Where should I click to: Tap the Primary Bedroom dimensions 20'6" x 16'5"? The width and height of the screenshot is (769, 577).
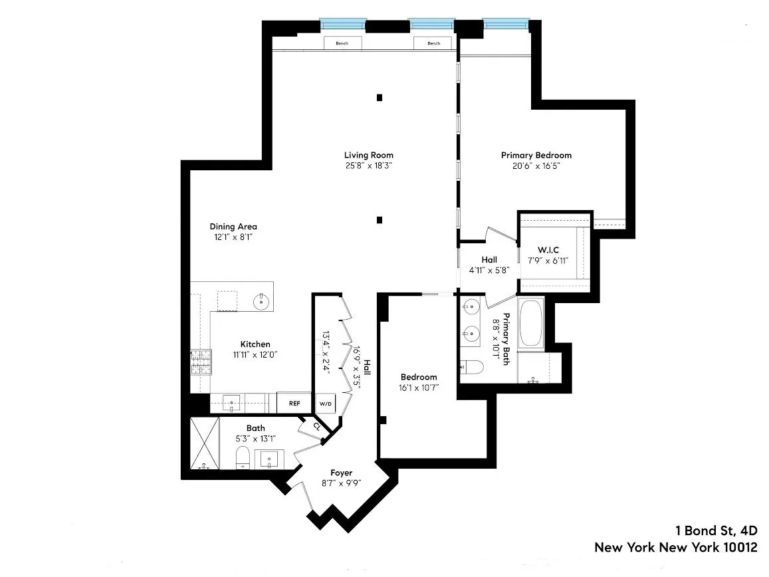pyautogui.click(x=536, y=166)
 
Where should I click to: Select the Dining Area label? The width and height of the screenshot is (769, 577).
pyautogui.click(x=233, y=226)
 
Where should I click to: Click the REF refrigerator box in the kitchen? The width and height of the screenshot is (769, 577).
pyautogui.click(x=294, y=403)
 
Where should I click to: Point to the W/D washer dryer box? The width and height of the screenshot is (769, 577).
pyautogui.click(x=325, y=404)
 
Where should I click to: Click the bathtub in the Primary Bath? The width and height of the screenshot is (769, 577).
pyautogui.click(x=530, y=324)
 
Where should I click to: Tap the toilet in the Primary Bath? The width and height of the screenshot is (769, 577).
pyautogui.click(x=469, y=366)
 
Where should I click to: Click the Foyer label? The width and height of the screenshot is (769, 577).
pyautogui.click(x=341, y=473)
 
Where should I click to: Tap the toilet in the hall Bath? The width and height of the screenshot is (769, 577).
pyautogui.click(x=243, y=458)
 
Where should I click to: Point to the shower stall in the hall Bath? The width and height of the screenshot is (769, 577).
pyautogui.click(x=204, y=443)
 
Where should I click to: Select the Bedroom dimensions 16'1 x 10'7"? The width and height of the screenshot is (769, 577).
pyautogui.click(x=418, y=388)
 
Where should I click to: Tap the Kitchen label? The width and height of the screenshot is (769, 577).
pyautogui.click(x=255, y=344)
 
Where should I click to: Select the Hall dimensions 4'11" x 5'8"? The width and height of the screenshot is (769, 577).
pyautogui.click(x=489, y=271)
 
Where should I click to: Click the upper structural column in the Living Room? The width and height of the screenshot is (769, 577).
pyautogui.click(x=380, y=97)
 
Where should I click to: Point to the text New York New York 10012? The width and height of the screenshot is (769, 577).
pyautogui.click(x=675, y=548)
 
